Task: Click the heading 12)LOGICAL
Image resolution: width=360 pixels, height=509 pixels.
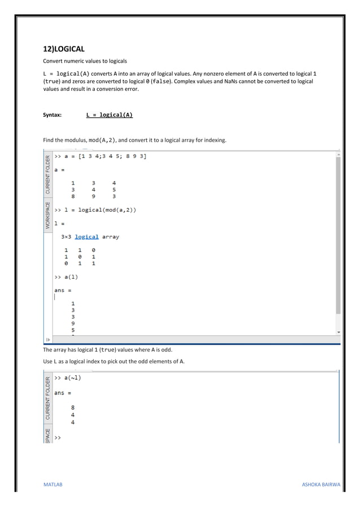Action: [x=64, y=49]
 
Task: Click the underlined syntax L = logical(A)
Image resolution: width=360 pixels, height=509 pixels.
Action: [x=109, y=115]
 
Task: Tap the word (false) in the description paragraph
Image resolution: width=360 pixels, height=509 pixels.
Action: [x=164, y=81]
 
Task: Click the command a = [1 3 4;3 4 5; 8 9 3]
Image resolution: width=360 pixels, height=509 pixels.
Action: [x=100, y=156]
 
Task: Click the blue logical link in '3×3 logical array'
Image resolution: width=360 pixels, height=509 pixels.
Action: [x=86, y=237]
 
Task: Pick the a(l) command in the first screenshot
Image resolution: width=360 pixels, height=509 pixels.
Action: [x=67, y=277]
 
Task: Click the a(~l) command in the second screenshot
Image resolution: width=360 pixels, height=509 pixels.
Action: [x=68, y=378]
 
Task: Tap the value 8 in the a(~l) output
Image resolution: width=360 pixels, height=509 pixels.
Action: [x=72, y=407]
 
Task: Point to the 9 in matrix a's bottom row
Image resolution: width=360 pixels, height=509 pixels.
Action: [x=94, y=196]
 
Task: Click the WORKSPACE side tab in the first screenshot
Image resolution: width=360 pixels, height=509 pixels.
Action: [x=48, y=215]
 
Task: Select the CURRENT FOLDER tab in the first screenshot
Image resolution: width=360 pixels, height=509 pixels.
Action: [x=48, y=173]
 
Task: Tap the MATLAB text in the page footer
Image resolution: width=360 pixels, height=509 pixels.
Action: [x=53, y=485]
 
